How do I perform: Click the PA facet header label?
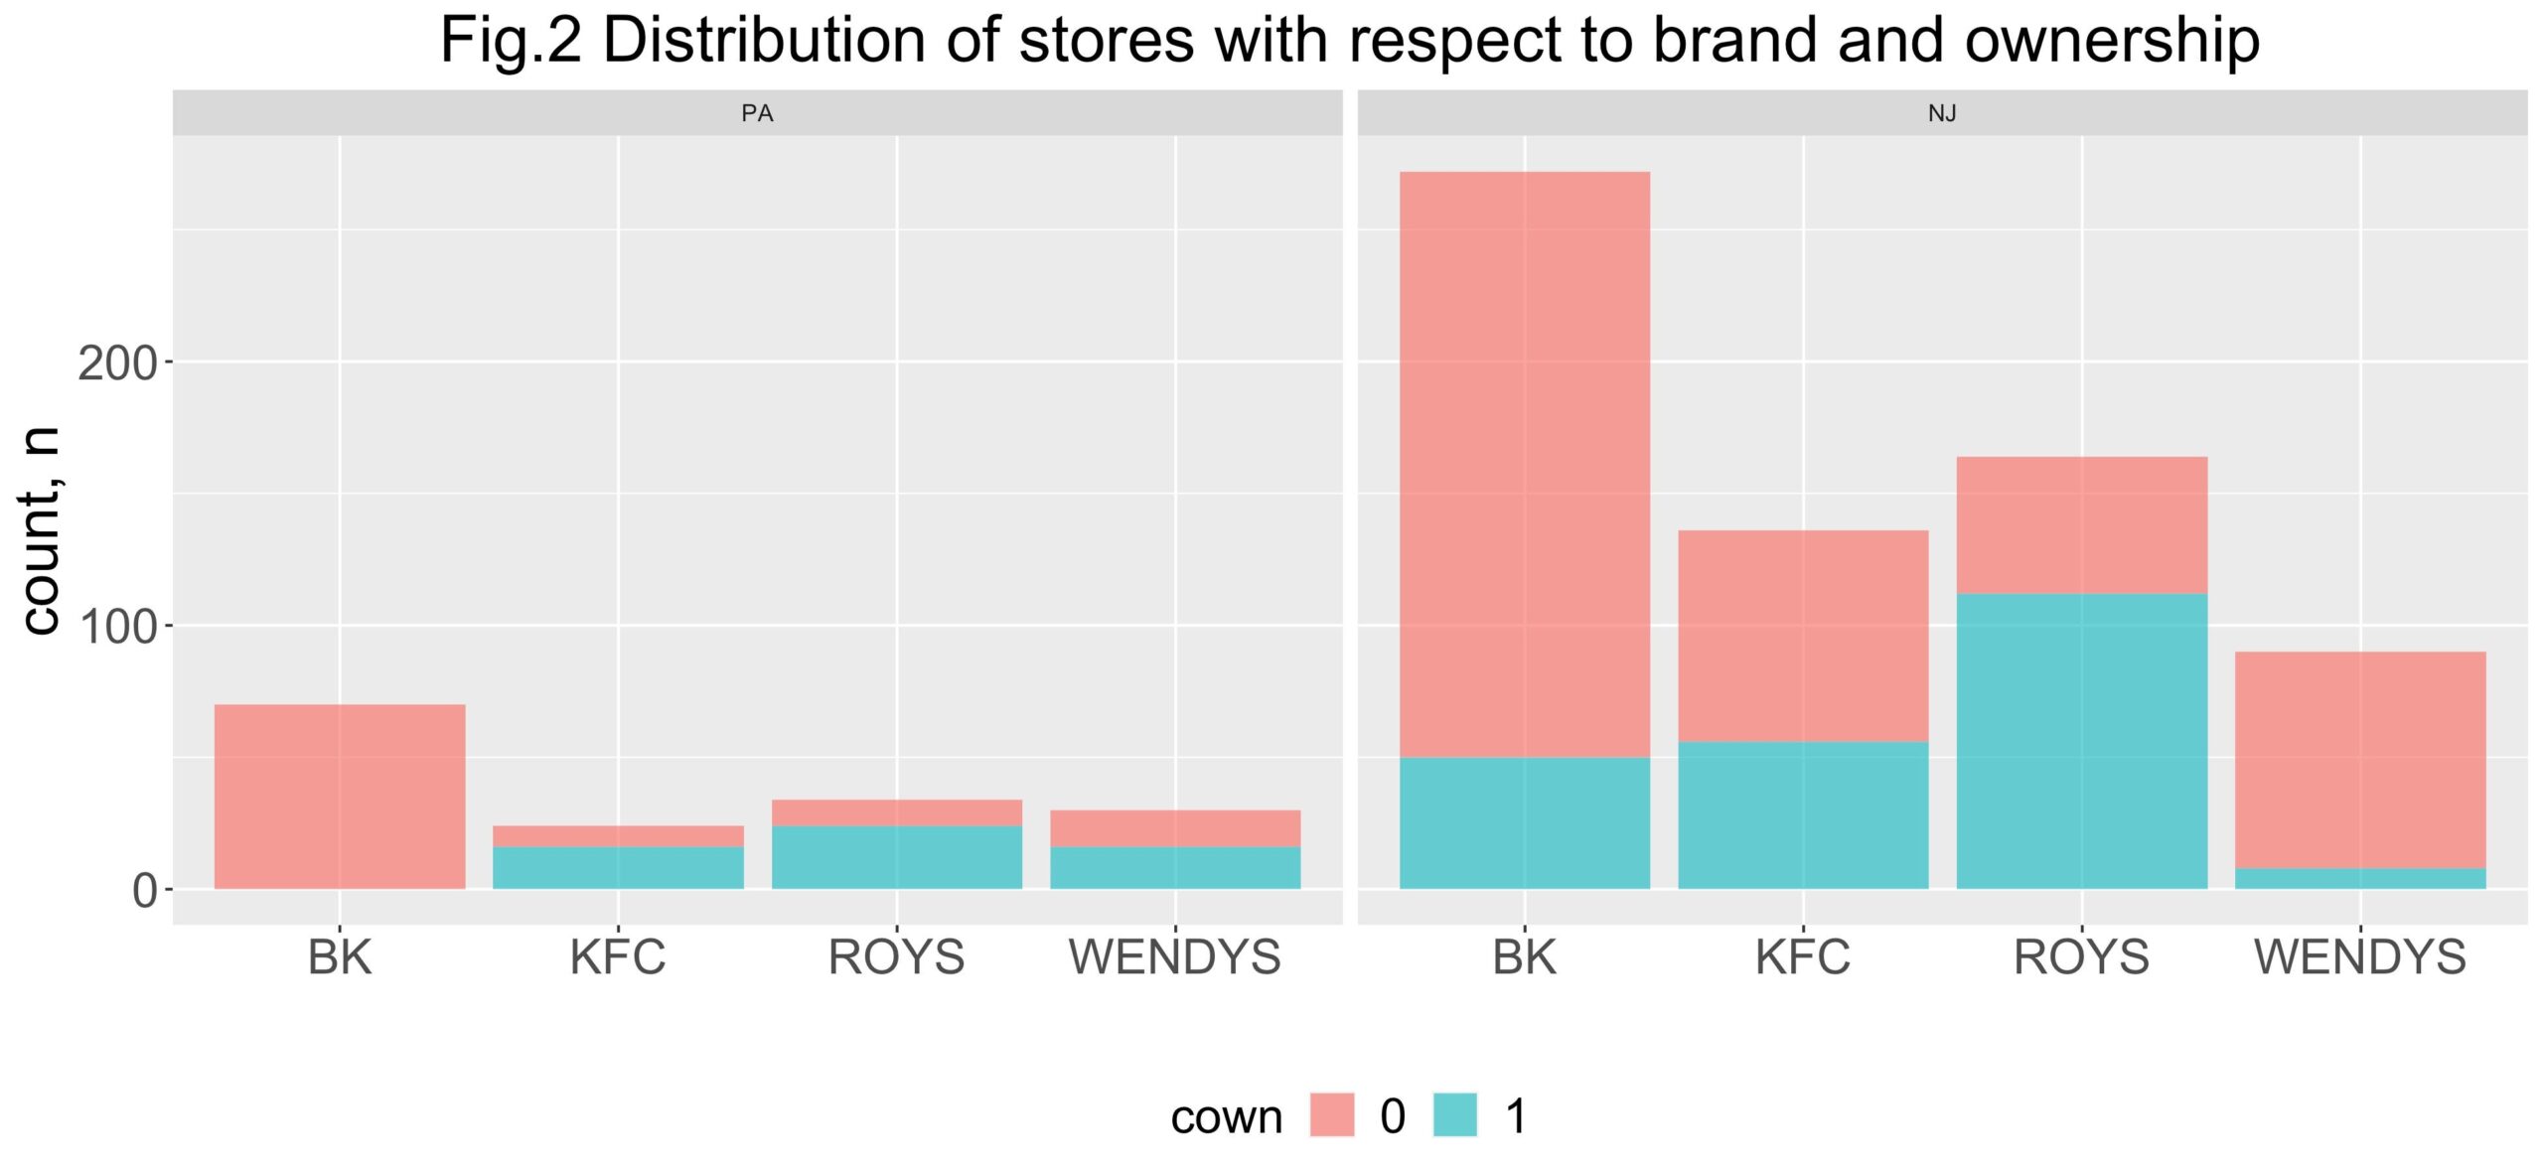[757, 113]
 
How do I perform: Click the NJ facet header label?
[1942, 113]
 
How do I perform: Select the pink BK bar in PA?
[340, 797]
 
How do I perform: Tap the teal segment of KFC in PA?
[618, 868]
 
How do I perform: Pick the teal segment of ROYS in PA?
[897, 857]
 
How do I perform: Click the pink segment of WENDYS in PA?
[1175, 828]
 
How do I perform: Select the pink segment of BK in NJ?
[1525, 465]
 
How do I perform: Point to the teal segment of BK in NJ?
[1525, 823]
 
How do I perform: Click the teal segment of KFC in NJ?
[1803, 815]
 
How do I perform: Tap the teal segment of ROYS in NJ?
[2082, 742]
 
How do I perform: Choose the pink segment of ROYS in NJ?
[2082, 525]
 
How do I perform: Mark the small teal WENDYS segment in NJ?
[2360, 879]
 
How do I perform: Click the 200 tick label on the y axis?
[117, 364]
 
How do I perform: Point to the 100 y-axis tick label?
[117, 627]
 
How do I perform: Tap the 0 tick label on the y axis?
[145, 891]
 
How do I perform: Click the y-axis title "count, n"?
[42, 531]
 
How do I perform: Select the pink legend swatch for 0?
[1332, 1114]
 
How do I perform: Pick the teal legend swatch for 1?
[1455, 1114]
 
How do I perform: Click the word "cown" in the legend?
[1227, 1117]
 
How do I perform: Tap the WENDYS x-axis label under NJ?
[2360, 957]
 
